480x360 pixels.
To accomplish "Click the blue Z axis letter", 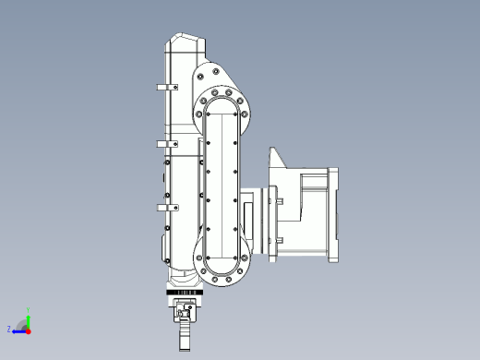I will [9, 329].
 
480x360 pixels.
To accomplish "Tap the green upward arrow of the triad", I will [29, 320].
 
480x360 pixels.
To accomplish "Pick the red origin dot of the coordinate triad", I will [29, 330].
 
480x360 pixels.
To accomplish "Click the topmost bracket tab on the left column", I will [164, 88].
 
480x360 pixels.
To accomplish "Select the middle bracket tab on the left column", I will [164, 145].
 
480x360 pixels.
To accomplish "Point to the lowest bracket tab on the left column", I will [164, 209].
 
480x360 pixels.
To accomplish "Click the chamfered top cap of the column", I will [183, 42].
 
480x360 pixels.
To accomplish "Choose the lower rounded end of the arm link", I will [222, 269].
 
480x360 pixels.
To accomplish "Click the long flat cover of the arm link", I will [222, 185].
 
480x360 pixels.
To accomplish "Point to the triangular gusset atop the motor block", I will [279, 159].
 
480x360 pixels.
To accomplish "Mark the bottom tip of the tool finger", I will [185, 349].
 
